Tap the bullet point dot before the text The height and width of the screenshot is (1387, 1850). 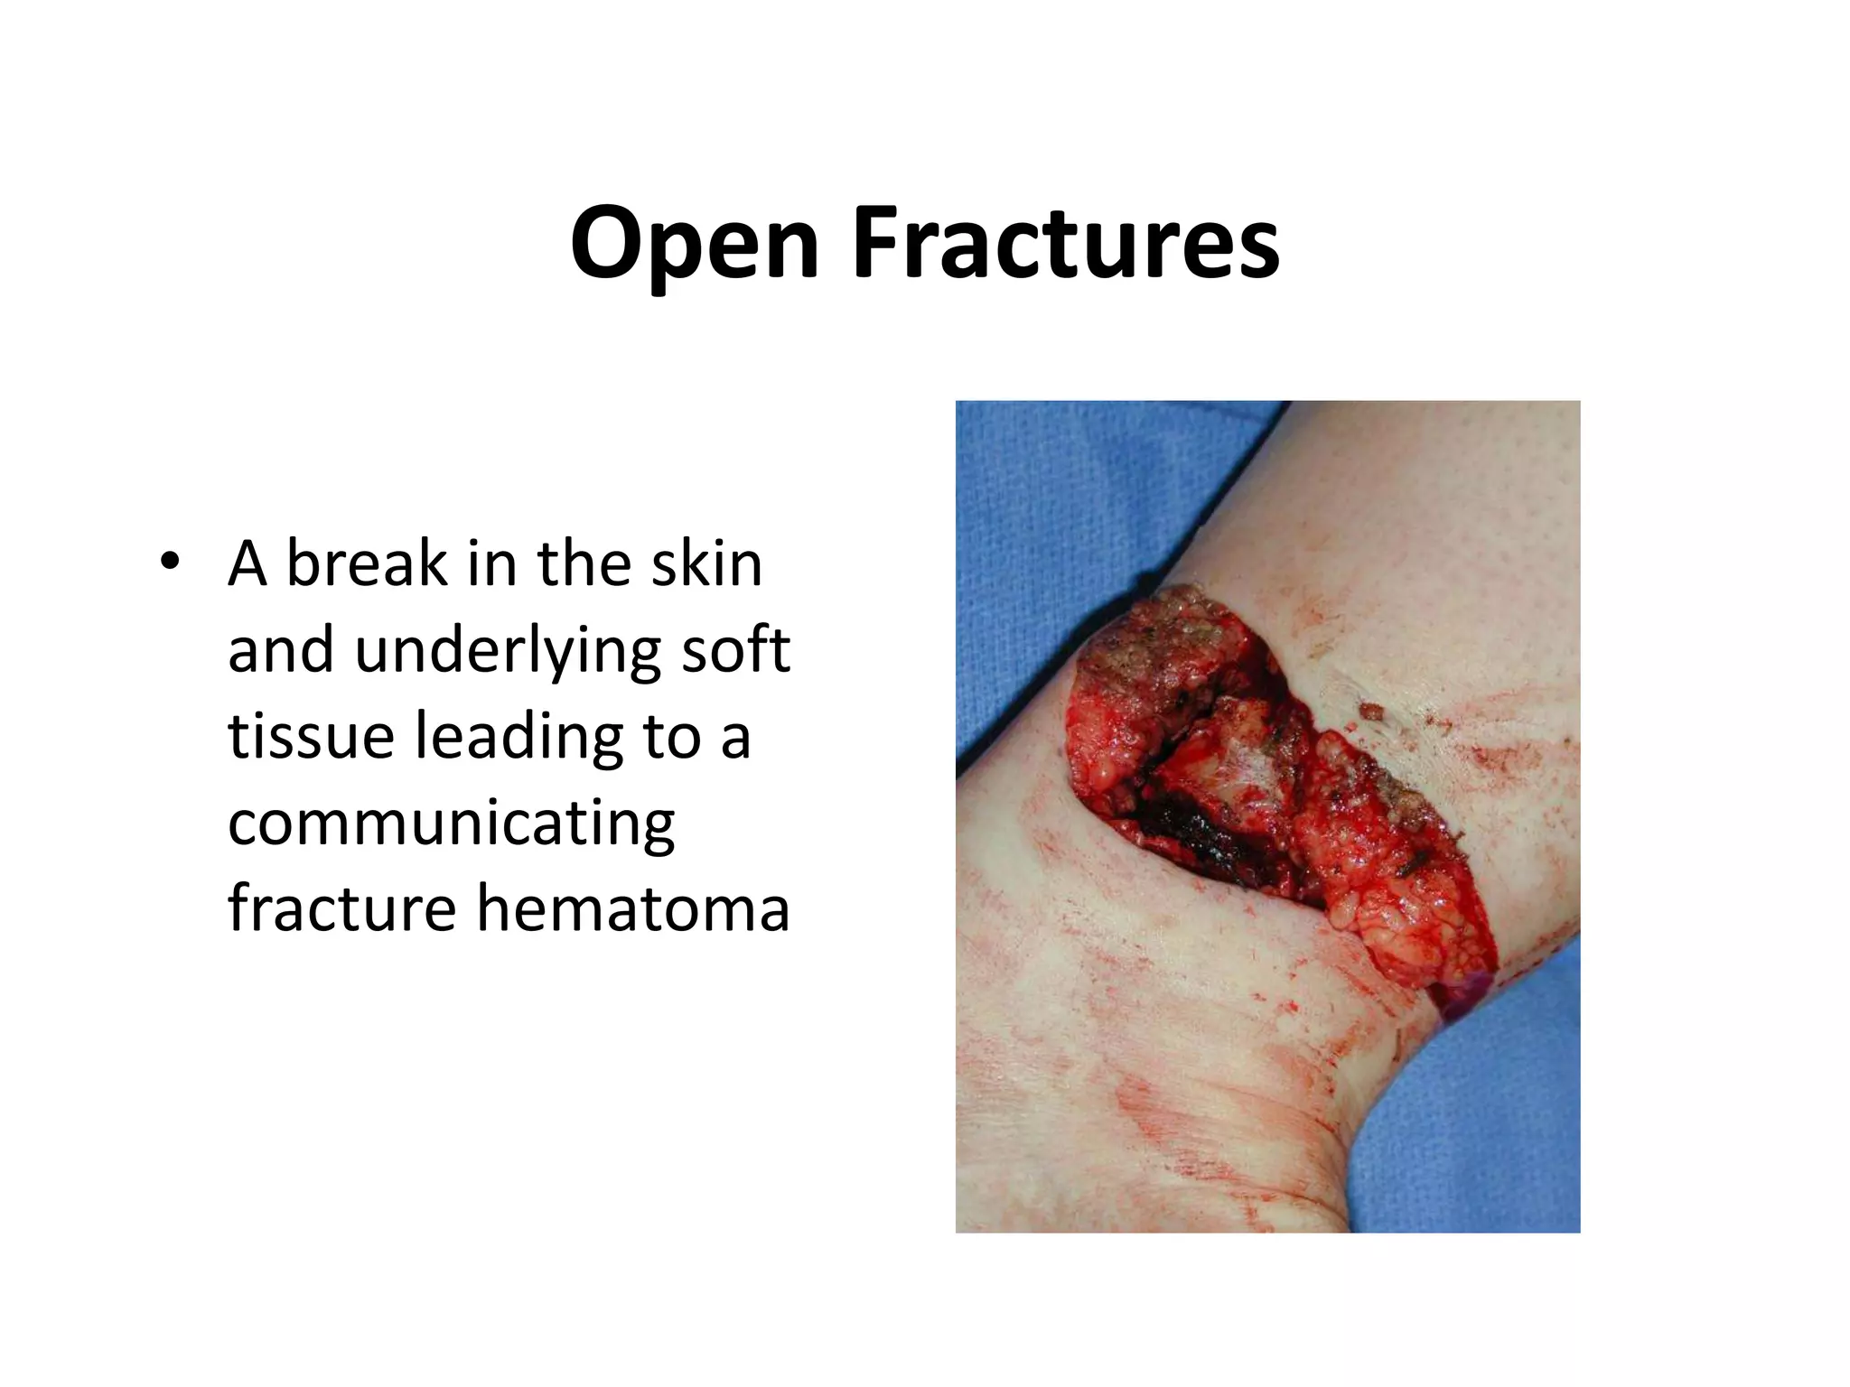pos(168,562)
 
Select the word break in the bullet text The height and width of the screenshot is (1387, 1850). pos(367,563)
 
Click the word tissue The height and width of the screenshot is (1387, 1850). pos(311,735)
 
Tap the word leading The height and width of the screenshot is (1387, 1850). pos(519,737)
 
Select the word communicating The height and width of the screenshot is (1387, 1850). pos(451,824)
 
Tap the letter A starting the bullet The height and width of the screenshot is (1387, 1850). pos(248,563)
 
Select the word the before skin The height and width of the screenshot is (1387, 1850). pos(584,563)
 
